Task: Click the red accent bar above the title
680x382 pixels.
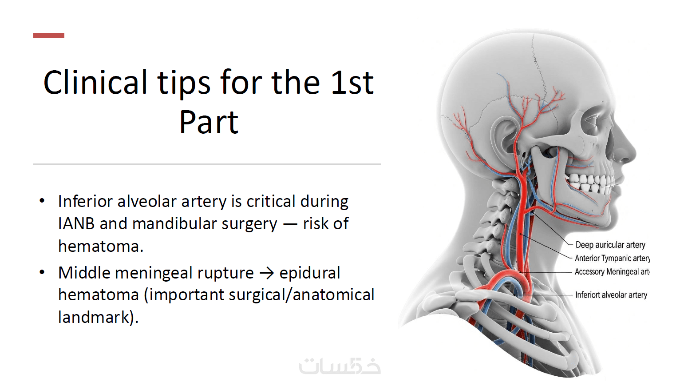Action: pyautogui.click(x=48, y=35)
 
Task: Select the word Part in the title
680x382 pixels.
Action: pyautogui.click(x=209, y=122)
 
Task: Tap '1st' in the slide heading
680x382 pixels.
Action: pyautogui.click(x=352, y=82)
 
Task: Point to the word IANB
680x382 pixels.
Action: pyautogui.click(x=76, y=224)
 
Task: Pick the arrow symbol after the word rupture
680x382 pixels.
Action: pyautogui.click(x=267, y=273)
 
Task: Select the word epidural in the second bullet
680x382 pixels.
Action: pyautogui.click(x=310, y=273)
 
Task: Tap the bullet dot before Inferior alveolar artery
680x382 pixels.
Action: pyautogui.click(x=42, y=201)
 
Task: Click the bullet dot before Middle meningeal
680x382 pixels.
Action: pyautogui.click(x=42, y=272)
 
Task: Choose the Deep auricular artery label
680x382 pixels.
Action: pyautogui.click(x=610, y=245)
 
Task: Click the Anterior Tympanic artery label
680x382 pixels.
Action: pyautogui.click(x=612, y=259)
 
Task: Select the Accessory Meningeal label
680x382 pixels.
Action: pyautogui.click(x=612, y=272)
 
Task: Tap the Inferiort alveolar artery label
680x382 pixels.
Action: pyautogui.click(x=611, y=295)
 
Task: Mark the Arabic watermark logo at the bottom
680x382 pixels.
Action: pyautogui.click(x=340, y=366)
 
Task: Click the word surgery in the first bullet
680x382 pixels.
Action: pyautogui.click(x=249, y=224)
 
